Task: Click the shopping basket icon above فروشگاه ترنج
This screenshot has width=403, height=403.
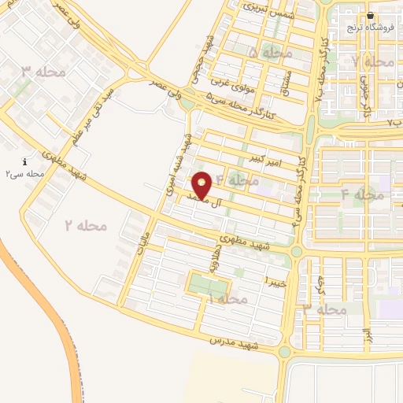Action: coord(370,15)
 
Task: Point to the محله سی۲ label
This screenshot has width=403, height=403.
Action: coord(24,173)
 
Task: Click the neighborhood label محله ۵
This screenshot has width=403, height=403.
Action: coord(269,52)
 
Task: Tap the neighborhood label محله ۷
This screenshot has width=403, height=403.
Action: coord(373,61)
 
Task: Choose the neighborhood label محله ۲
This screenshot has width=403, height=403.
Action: coord(85,225)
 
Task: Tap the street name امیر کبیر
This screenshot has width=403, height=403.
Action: coord(265,159)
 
